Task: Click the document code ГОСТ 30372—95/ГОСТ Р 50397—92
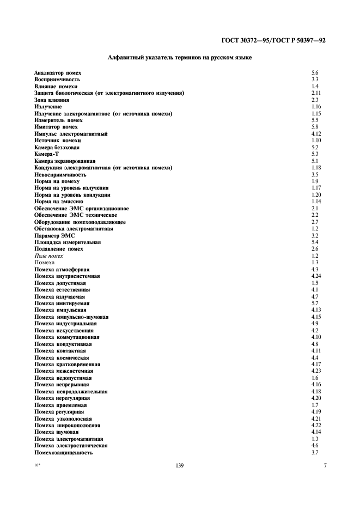pyautogui.click(x=274, y=40)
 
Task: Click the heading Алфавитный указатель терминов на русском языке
pyautogui.click(x=180, y=58)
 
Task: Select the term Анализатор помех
pyautogui.click(x=58, y=72)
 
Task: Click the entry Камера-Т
pyautogui.click(x=46, y=154)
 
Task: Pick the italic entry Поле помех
pyautogui.click(x=48, y=256)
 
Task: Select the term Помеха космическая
pyautogui.click(x=62, y=357)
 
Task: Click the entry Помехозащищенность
pyautogui.click(x=63, y=453)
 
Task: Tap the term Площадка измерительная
pyautogui.click(x=67, y=242)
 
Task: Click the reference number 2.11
pyautogui.click(x=315, y=93)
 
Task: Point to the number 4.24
pyautogui.click(x=315, y=276)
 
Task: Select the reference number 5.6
pyautogui.click(x=314, y=72)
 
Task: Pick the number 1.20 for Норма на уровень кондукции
pyautogui.click(x=315, y=195)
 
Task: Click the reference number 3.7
pyautogui.click(x=314, y=453)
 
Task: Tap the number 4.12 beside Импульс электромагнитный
pyautogui.click(x=315, y=134)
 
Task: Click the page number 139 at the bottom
pyautogui.click(x=180, y=466)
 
